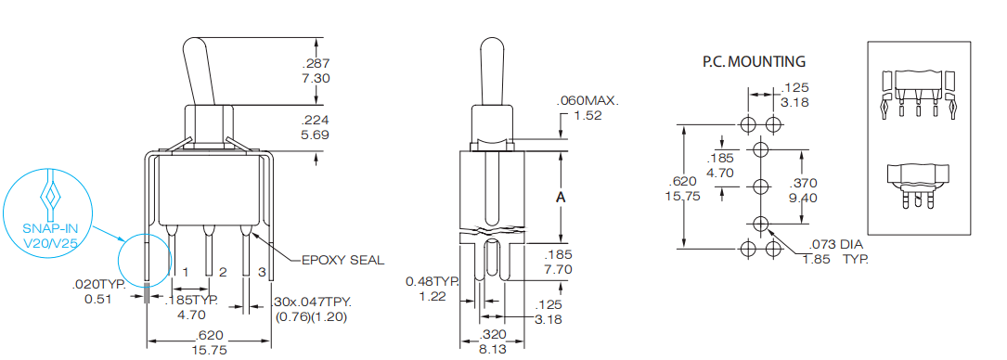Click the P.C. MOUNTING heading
tap(754, 62)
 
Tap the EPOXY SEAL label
tap(342, 260)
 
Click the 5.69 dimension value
tap(316, 135)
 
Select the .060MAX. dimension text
tap(587, 101)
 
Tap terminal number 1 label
tap(186, 272)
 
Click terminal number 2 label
tap(223, 272)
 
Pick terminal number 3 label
tap(263, 272)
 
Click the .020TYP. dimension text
tap(99, 285)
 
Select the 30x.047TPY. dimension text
tap(313, 302)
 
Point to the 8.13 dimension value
tap(493, 351)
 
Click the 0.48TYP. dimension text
tap(433, 281)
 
